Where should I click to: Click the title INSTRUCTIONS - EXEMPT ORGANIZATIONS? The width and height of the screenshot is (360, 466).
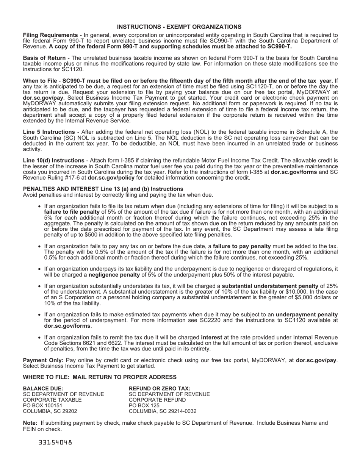coord(179,27)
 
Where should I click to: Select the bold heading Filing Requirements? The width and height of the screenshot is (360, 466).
coord(50,35)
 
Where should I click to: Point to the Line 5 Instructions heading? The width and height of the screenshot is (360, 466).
coord(48,132)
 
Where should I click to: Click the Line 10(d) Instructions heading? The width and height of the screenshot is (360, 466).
coord(53,160)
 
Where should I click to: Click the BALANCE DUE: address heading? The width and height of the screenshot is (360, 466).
coord(43,388)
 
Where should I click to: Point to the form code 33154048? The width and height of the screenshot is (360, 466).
coord(55,442)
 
